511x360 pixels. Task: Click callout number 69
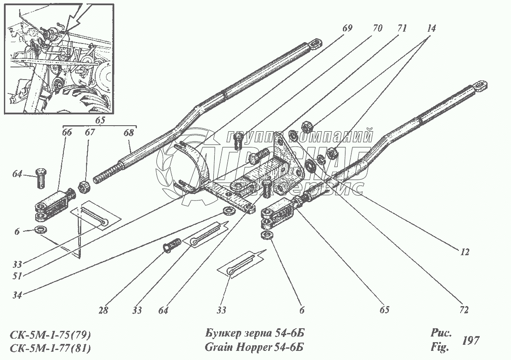[347, 29]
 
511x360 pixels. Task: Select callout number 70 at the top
[377, 29]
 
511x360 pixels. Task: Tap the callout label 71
[401, 29]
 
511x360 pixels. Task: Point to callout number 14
[431, 29]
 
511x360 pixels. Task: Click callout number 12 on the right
[465, 252]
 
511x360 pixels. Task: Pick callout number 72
[464, 310]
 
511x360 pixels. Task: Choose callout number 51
[17, 275]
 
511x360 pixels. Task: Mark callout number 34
[17, 295]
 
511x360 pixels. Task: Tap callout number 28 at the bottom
[103, 310]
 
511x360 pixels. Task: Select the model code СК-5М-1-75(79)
[50, 335]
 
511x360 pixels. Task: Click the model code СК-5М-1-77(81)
[50, 348]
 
